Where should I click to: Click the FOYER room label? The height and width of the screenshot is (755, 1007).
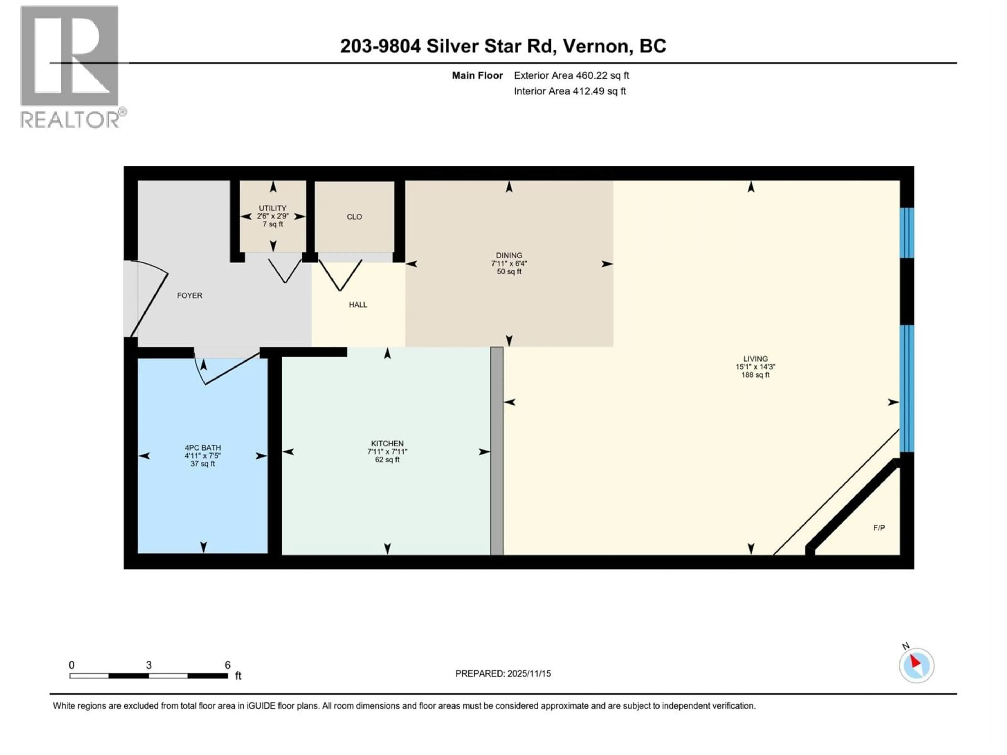point(189,295)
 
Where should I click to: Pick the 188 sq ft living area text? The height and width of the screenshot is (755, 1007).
point(755,375)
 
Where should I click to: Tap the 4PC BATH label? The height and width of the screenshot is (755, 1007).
point(203,448)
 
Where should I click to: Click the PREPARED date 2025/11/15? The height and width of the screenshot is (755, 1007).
point(503,673)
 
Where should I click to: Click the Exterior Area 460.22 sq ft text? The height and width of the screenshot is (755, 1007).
point(571,75)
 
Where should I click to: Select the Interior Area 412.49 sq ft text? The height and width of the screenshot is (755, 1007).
point(570,91)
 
